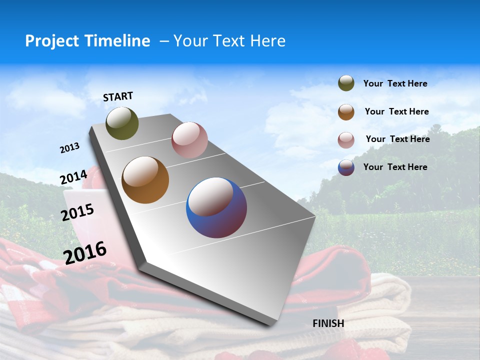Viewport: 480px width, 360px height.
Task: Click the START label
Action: pyautogui.click(x=118, y=96)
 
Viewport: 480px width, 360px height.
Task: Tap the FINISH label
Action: pyautogui.click(x=328, y=323)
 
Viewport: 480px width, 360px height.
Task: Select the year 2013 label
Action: pyautogui.click(x=69, y=148)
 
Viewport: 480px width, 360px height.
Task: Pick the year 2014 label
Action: pyautogui.click(x=73, y=177)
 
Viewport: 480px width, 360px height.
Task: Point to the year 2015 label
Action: pyautogui.click(x=77, y=212)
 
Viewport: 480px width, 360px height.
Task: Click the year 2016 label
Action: pyautogui.click(x=85, y=253)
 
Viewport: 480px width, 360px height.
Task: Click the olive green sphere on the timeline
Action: pyautogui.click(x=122, y=123)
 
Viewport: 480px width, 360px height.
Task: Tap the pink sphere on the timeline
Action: pyautogui.click(x=189, y=140)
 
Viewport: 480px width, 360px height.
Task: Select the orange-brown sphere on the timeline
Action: pyautogui.click(x=145, y=180)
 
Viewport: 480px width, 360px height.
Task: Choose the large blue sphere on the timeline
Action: pyautogui.click(x=216, y=207)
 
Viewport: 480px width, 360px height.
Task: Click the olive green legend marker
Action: pyautogui.click(x=346, y=83)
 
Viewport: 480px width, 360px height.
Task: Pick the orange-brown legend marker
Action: pyautogui.click(x=346, y=112)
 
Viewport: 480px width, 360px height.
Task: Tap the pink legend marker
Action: pyautogui.click(x=346, y=140)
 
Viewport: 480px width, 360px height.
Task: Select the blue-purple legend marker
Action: pyautogui.click(x=346, y=167)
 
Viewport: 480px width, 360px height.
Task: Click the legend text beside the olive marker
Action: pyautogui.click(x=395, y=84)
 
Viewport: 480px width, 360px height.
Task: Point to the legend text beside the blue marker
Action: pyautogui.click(x=395, y=167)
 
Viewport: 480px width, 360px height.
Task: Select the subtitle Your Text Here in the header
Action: pyautogui.click(x=229, y=41)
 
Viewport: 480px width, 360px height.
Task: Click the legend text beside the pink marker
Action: pyautogui.click(x=397, y=139)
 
